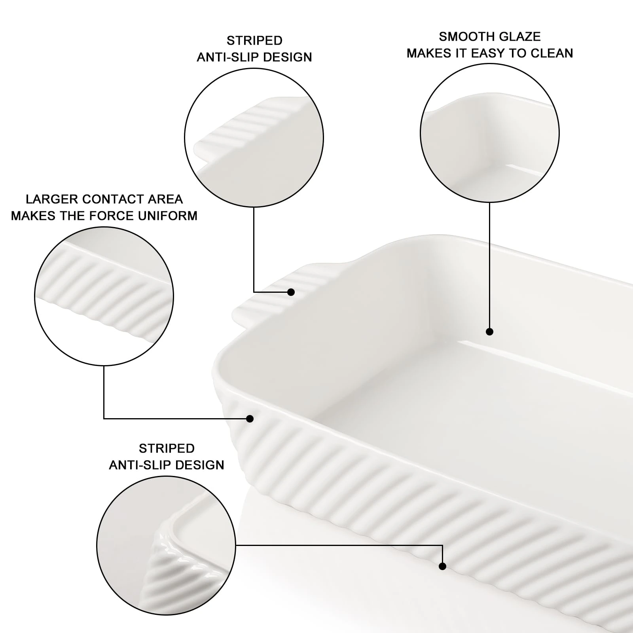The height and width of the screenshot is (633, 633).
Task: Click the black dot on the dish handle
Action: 291,292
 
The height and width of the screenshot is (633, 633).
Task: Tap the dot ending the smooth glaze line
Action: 489,332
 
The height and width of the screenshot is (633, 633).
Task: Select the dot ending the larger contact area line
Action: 250,419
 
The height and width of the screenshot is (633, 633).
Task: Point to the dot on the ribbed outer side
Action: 443,567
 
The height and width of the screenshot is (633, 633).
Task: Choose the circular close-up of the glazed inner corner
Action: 489,133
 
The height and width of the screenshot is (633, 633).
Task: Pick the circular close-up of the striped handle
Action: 254,138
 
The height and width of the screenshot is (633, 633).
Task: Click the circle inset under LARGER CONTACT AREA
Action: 104,296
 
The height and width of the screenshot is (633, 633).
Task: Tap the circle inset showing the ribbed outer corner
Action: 166,545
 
